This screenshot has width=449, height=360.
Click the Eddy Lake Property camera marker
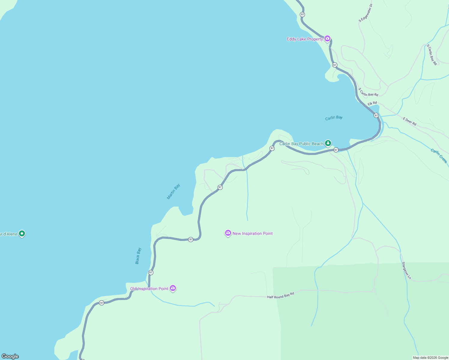coord(327,39)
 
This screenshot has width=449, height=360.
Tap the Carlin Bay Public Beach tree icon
coord(328,143)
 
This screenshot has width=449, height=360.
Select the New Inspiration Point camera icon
coord(228,233)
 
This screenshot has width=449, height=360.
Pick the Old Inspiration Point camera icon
coord(173,288)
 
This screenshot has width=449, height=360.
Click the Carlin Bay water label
coord(334,118)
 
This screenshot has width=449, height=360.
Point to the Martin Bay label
coord(173,191)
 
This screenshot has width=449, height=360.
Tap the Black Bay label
coord(138,256)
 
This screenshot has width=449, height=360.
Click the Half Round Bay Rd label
coord(281,295)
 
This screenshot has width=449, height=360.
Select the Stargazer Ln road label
coord(406,271)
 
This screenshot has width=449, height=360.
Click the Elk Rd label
coord(372,103)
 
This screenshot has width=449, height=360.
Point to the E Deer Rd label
coord(410,121)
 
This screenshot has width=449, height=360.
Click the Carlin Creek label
coord(439,156)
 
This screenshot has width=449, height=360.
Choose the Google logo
coord(10,356)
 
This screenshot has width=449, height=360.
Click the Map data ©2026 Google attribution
coord(430,358)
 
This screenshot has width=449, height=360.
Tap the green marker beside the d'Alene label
coord(22,233)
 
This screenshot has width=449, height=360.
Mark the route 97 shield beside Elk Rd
coord(376,115)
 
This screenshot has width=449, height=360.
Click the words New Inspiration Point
coord(253,233)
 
